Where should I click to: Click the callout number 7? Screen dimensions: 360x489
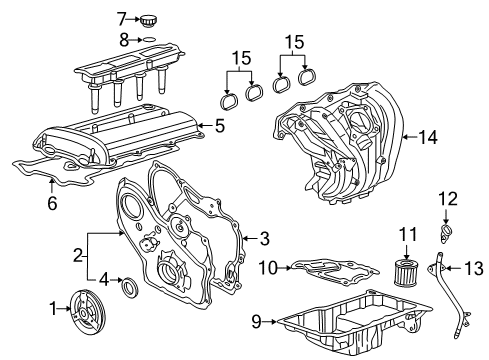click(x=121, y=18)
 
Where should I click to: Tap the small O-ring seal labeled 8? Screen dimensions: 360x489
click(x=148, y=40)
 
